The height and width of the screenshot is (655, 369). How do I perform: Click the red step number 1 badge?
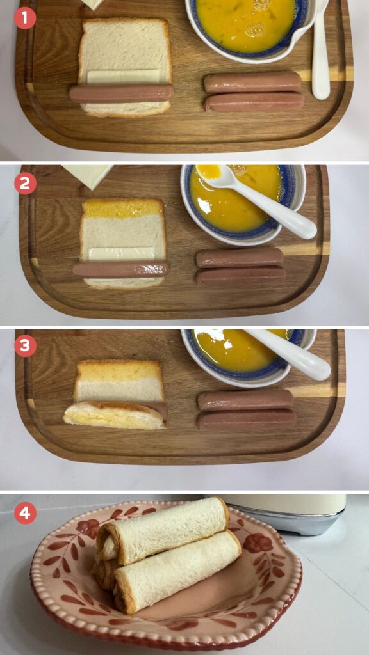click(25, 19)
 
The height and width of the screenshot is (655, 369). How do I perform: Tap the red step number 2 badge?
click(25, 184)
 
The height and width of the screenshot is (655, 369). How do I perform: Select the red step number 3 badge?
click(25, 346)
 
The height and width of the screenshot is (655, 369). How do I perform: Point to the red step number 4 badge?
click(25, 513)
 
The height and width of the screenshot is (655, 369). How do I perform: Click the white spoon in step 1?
click(320, 50)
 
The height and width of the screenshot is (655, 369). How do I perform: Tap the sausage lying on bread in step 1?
click(121, 93)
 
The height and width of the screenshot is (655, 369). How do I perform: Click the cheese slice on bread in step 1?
click(123, 77)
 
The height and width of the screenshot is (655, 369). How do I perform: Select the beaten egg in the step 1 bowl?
click(245, 24)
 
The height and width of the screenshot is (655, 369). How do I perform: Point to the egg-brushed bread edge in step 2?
click(122, 208)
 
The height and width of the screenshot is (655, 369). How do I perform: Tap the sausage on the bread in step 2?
click(121, 269)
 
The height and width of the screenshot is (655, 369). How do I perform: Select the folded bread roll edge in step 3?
click(115, 416)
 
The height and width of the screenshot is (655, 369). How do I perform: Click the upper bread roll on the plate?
click(163, 530)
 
